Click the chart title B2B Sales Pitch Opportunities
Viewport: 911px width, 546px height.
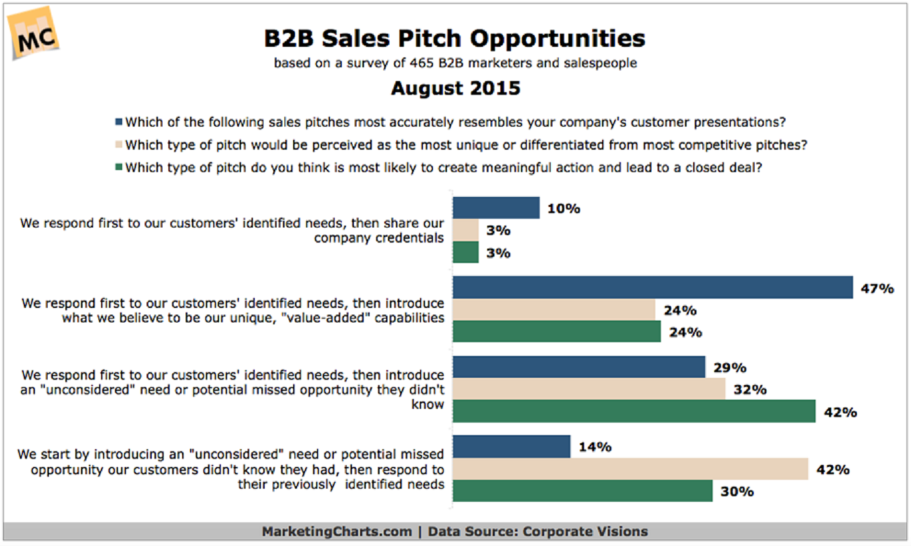[x=455, y=38]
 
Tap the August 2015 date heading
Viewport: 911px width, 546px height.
[x=455, y=88]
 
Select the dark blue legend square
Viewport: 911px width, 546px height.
[x=119, y=122]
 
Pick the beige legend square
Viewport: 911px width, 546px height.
[x=119, y=144]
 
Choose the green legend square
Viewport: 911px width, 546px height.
[x=119, y=167]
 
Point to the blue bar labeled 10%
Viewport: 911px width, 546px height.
[x=496, y=208]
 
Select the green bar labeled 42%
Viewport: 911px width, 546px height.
[x=634, y=411]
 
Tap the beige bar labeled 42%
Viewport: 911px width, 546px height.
[x=630, y=469]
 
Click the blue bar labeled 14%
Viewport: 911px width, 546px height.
[x=511, y=446]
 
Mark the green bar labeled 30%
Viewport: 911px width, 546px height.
[x=582, y=491]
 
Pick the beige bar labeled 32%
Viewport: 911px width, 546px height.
[x=588, y=389]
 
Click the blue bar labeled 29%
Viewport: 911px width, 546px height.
[x=579, y=367]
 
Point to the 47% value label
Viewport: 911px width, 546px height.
[x=877, y=288]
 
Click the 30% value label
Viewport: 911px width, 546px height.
[x=737, y=491]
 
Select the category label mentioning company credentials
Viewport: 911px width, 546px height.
[x=232, y=230]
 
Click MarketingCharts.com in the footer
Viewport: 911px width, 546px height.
[x=336, y=531]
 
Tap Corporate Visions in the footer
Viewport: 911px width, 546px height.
[x=584, y=531]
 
